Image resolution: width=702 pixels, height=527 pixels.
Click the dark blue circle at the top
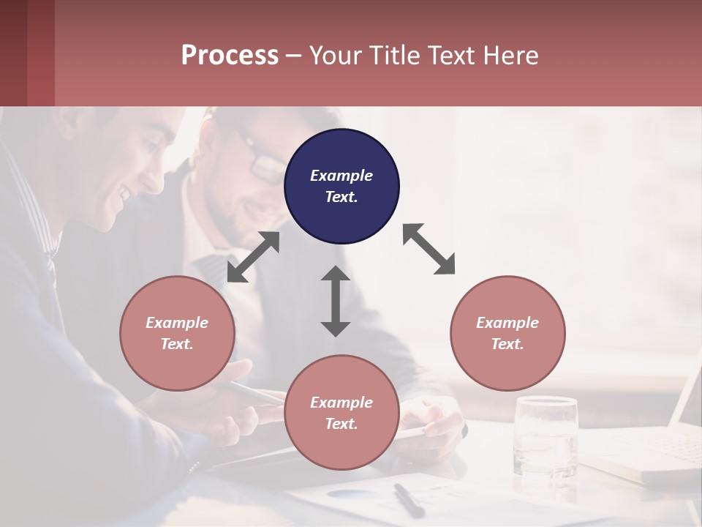pos(341,187)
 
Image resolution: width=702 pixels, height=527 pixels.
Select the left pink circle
pos(177,333)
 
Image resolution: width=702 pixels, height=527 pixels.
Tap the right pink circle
pos(507,333)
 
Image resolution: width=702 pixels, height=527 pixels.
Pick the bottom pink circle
pos(341,413)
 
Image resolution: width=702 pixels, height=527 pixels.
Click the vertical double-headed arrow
pos(336,301)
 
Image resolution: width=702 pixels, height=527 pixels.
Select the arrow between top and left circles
pos(253,257)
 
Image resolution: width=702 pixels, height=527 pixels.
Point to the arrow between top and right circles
pos(429,249)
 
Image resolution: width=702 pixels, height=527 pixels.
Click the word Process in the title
pos(230,55)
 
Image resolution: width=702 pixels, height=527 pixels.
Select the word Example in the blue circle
pos(341,176)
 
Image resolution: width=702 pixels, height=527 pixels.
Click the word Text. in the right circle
pos(507,344)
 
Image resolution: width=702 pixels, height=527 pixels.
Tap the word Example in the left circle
pos(177,323)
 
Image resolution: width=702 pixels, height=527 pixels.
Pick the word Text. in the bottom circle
pos(341,424)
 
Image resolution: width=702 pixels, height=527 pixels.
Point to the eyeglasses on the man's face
pos(260,157)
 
